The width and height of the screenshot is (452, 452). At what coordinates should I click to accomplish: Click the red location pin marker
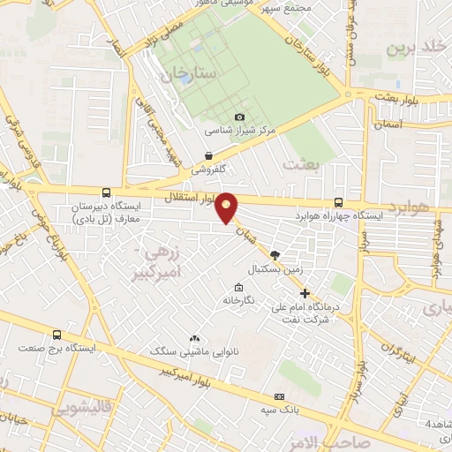click(227, 208)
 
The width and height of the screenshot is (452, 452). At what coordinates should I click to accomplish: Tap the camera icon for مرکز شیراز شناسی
click(239, 117)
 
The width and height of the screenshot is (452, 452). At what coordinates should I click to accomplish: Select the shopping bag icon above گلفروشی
click(207, 155)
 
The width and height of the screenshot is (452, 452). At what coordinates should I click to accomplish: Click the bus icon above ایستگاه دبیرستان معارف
click(107, 192)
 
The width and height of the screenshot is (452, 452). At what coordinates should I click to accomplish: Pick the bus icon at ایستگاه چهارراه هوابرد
click(340, 202)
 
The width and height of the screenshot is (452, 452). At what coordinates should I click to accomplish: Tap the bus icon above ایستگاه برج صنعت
click(57, 335)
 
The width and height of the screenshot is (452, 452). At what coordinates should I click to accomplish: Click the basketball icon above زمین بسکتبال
click(275, 253)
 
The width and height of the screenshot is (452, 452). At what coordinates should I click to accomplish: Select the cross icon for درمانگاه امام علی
click(305, 293)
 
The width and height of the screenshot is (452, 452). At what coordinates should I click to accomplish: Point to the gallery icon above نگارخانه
click(238, 288)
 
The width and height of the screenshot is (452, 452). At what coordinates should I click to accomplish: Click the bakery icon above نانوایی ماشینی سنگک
click(194, 338)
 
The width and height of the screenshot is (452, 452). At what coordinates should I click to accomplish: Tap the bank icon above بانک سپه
click(280, 396)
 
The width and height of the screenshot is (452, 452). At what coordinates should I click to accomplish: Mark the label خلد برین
click(420, 46)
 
